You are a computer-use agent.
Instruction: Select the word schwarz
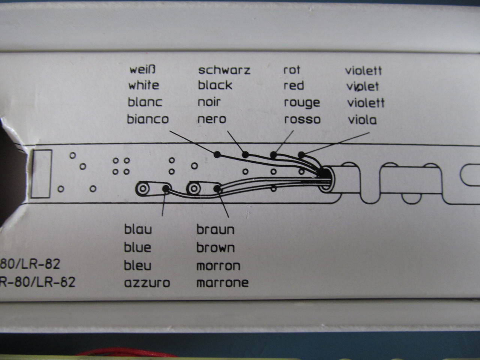click(224, 70)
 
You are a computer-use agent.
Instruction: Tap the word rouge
click(302, 102)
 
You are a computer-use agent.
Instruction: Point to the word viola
click(362, 120)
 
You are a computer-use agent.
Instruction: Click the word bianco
click(148, 119)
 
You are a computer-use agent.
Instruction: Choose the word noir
click(209, 102)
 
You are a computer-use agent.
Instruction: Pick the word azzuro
click(147, 282)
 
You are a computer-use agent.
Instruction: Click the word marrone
click(222, 282)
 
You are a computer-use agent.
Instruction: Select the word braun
click(215, 229)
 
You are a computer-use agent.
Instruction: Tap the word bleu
click(138, 265)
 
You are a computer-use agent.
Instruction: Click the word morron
click(218, 266)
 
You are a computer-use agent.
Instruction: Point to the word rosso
click(302, 120)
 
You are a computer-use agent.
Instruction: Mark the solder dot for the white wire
click(217, 154)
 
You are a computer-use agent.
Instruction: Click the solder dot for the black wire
click(245, 154)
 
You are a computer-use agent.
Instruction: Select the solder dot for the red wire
click(274, 154)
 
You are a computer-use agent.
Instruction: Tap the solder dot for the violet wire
click(301, 154)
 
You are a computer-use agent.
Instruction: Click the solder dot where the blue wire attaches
click(165, 188)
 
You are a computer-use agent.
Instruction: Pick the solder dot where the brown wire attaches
click(217, 188)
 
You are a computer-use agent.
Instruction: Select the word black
click(215, 85)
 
